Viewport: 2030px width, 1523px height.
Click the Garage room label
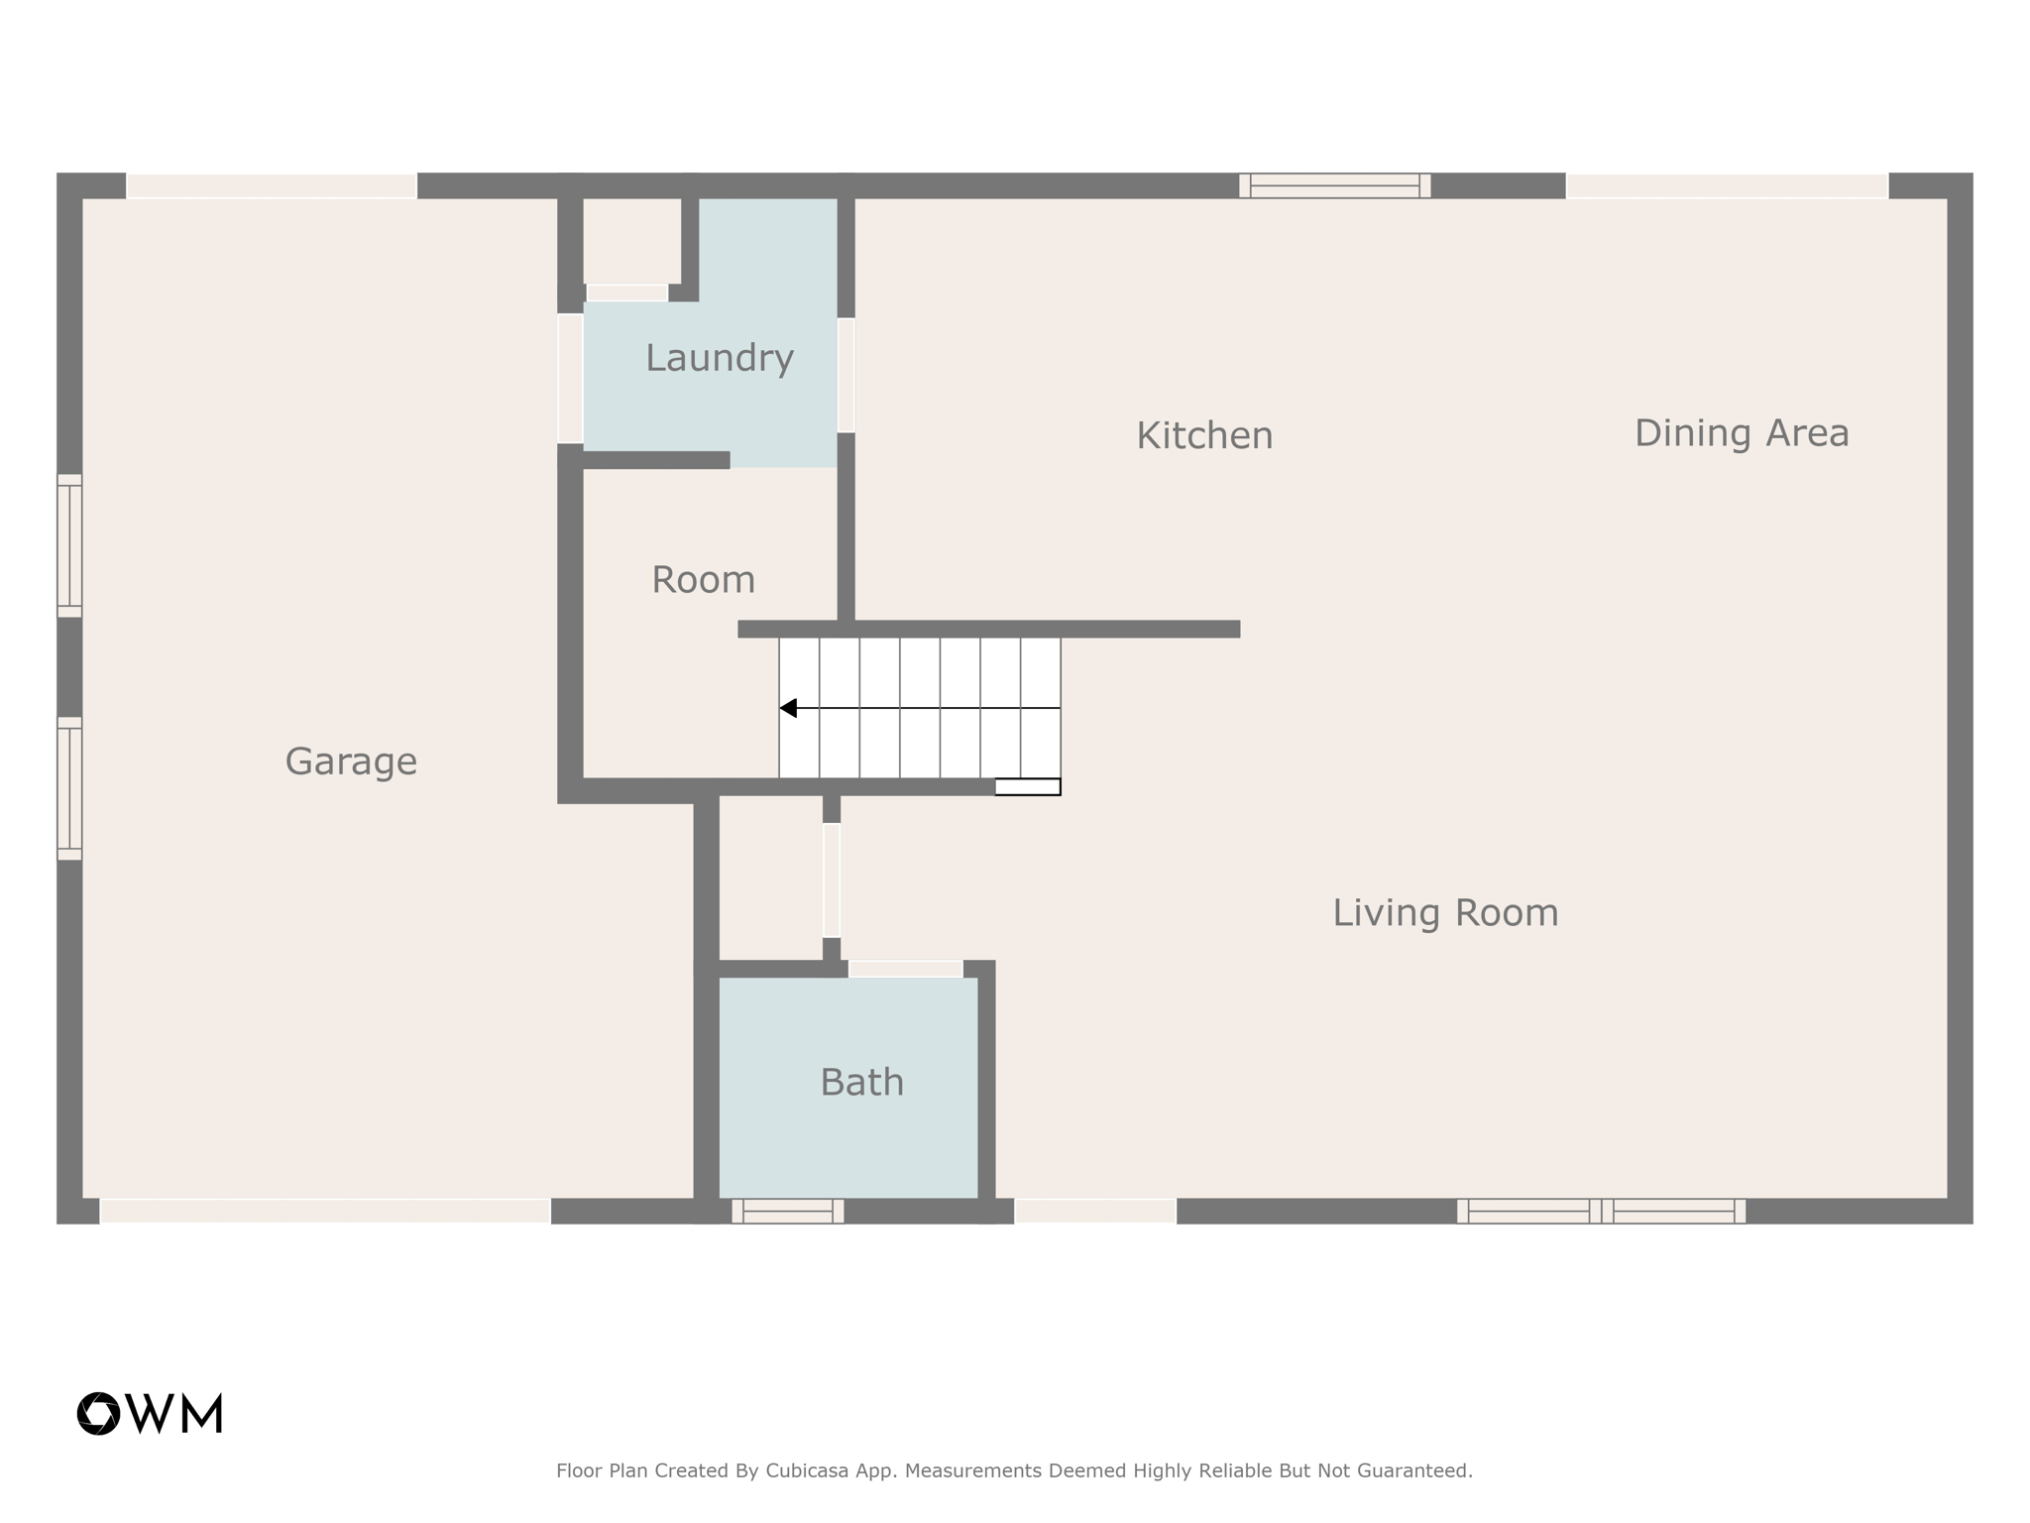pos(351,761)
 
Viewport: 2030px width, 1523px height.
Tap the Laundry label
pos(720,358)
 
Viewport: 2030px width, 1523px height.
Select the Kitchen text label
pos(1204,435)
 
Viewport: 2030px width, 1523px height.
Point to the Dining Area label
pos(1742,433)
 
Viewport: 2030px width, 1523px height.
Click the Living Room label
pos(1445,912)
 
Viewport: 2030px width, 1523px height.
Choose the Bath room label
pos(861,1082)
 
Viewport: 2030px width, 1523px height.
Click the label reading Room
pos(703,580)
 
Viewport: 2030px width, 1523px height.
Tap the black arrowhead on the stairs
pos(789,708)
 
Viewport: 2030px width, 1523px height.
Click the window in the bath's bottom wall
pos(788,1211)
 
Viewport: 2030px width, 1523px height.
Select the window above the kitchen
pos(1334,185)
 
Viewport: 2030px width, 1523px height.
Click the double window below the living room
pos(1601,1211)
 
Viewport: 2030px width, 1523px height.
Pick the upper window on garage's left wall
pos(69,545)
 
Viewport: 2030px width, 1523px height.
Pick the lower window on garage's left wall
pos(69,788)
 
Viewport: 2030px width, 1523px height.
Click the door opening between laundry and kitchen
pos(846,375)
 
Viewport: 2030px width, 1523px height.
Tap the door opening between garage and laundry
pos(570,378)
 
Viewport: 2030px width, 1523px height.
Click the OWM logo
pos(151,1413)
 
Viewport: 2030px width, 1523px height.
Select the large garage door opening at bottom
pos(325,1211)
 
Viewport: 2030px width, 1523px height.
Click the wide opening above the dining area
pos(1727,185)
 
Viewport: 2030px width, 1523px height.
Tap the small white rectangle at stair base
pos(1028,787)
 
